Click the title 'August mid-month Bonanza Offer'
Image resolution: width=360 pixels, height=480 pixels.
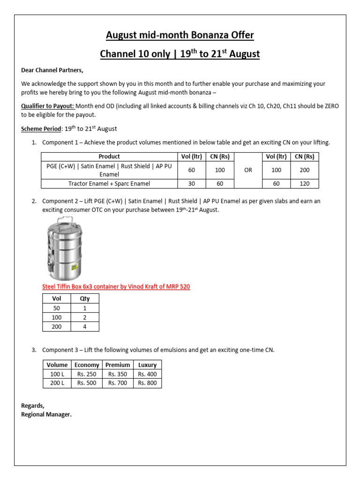[180, 35]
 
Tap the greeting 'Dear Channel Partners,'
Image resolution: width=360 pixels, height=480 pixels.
[52, 70]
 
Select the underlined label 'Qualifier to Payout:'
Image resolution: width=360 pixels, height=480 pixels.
[48, 106]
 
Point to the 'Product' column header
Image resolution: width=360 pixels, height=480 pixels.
[109, 157]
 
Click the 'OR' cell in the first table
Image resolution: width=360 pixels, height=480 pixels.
[248, 170]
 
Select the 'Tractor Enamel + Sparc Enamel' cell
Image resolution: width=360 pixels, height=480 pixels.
[109, 184]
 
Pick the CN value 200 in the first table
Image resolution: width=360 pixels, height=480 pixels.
[304, 170]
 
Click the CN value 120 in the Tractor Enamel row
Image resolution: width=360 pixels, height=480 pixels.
[304, 184]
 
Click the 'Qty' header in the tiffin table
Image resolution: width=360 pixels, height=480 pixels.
[85, 299]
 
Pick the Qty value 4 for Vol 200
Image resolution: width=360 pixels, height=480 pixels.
[85, 327]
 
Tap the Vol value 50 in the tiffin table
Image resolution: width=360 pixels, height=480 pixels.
[56, 308]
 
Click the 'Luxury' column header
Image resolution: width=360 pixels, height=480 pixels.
[147, 365]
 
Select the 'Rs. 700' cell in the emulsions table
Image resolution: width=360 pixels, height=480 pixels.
[118, 383]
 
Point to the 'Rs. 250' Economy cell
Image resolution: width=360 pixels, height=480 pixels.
[87, 374]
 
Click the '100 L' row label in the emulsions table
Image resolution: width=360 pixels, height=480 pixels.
[57, 374]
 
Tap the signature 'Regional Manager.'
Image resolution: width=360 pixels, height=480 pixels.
[46, 414]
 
